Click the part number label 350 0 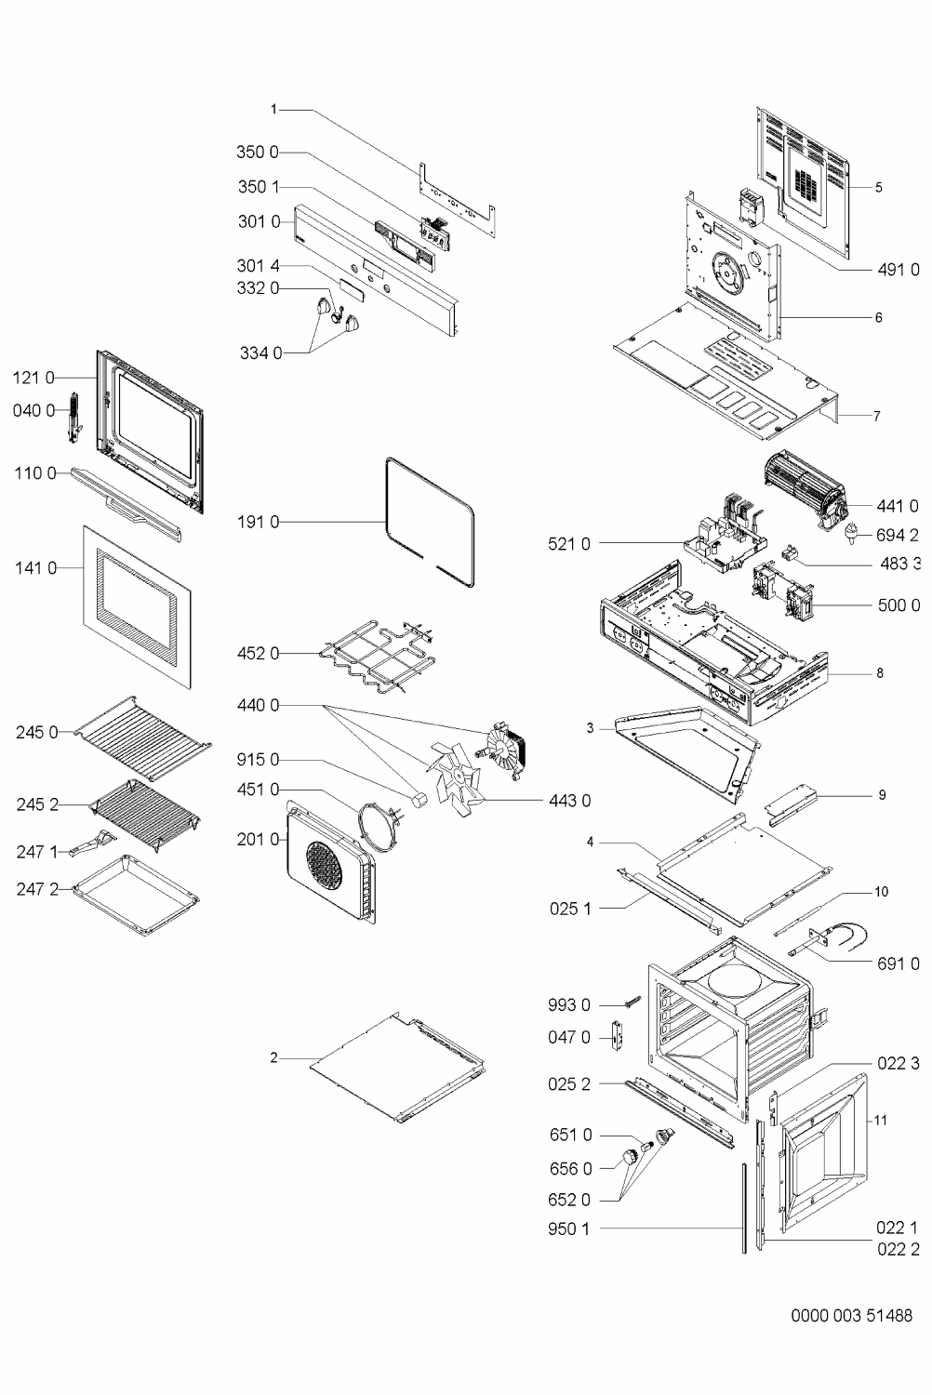pos(258,153)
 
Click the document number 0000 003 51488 pos(851,1316)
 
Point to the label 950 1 pos(568,1229)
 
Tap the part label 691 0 pos(898,964)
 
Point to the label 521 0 pos(568,544)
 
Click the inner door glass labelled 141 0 pos(137,604)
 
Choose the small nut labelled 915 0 pos(419,800)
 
